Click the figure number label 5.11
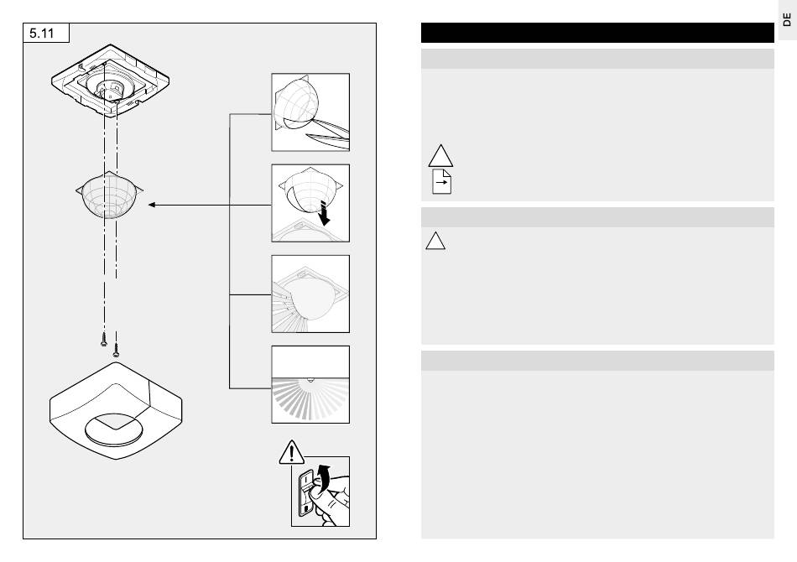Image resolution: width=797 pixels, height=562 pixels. (x=45, y=34)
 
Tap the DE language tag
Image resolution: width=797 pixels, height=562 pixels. (x=786, y=20)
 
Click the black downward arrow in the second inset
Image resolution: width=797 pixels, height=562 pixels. (x=326, y=216)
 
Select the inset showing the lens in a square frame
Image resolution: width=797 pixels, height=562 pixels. (x=310, y=294)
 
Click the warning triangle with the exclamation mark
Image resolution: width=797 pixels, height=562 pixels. (x=289, y=454)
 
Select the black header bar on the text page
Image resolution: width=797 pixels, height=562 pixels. (x=596, y=33)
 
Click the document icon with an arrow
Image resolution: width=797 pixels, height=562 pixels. (x=441, y=181)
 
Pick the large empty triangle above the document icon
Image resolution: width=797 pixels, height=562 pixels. (x=440, y=155)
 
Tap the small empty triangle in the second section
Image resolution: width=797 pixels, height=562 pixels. (x=435, y=242)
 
